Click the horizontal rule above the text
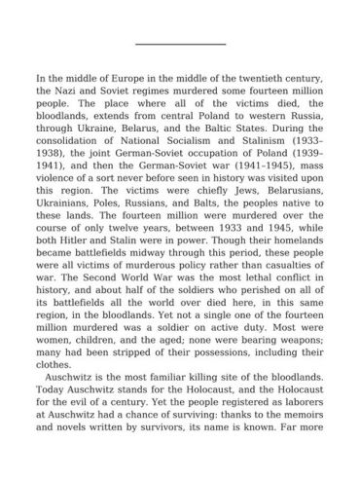pyautogui.click(x=179, y=44)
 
